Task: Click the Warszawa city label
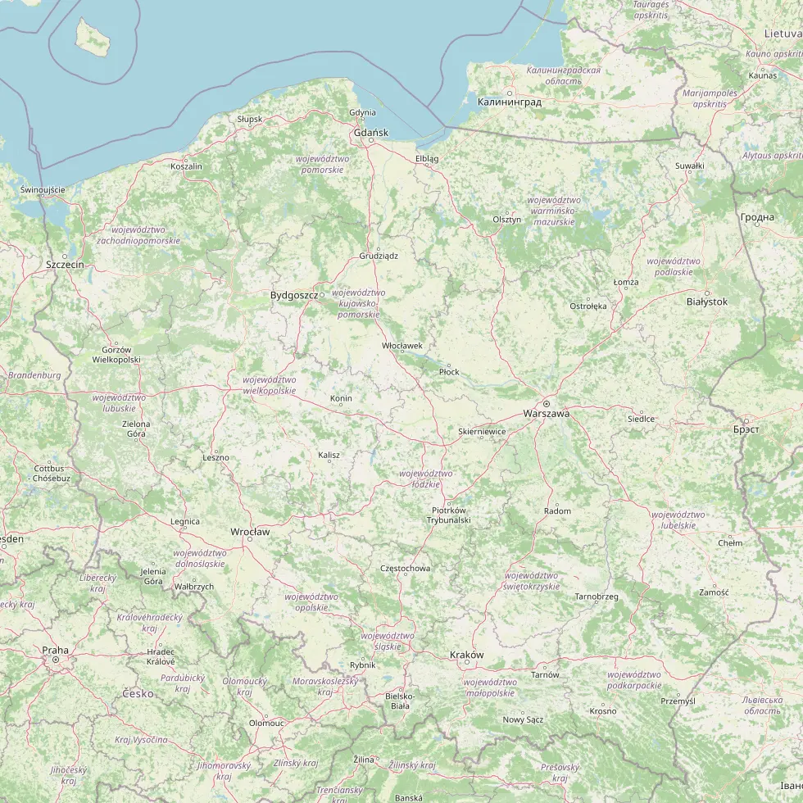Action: pos(546,414)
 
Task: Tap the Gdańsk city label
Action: pos(370,132)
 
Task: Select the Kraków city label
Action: pos(467,655)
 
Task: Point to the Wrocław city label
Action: pos(250,532)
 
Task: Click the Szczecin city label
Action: pos(65,265)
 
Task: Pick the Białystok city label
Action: pos(706,302)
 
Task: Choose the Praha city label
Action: pos(56,650)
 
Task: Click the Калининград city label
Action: pos(509,102)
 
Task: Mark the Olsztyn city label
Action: pos(506,220)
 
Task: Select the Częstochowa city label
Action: pos(405,568)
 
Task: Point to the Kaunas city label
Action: pos(762,75)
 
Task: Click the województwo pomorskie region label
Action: pos(323,163)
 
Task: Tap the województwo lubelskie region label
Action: pos(674,519)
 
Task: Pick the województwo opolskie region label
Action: pos(311,601)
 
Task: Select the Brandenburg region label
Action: pos(34,375)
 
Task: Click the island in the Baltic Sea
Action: pos(93,38)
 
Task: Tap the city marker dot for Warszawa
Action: pos(546,403)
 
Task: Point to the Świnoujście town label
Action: pos(43,189)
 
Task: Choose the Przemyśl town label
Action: pos(678,701)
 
